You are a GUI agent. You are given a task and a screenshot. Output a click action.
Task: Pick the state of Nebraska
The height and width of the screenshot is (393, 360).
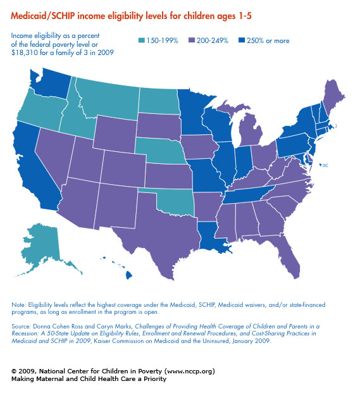pyautogui.click(x=163, y=151)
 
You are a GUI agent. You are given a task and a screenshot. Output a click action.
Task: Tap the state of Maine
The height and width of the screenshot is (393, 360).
pyautogui.click(x=332, y=97)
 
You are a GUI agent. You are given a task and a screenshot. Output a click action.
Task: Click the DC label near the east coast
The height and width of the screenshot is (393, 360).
pyautogui.click(x=325, y=165)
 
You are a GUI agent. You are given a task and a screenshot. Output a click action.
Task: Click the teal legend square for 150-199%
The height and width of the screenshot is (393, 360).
pyautogui.click(x=142, y=41)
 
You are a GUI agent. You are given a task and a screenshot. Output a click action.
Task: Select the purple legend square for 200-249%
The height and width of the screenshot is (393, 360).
pyautogui.click(x=192, y=41)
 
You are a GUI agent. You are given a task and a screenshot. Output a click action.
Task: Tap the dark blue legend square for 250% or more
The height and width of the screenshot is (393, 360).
pyautogui.click(x=242, y=41)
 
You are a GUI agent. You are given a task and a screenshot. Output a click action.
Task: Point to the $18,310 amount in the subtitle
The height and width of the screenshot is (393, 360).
pyautogui.click(x=24, y=53)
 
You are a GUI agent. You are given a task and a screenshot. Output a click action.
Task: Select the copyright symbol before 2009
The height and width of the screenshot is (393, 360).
pyautogui.click(x=14, y=371)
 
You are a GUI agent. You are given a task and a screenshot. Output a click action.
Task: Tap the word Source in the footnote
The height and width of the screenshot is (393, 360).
pyautogui.click(x=21, y=327)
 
